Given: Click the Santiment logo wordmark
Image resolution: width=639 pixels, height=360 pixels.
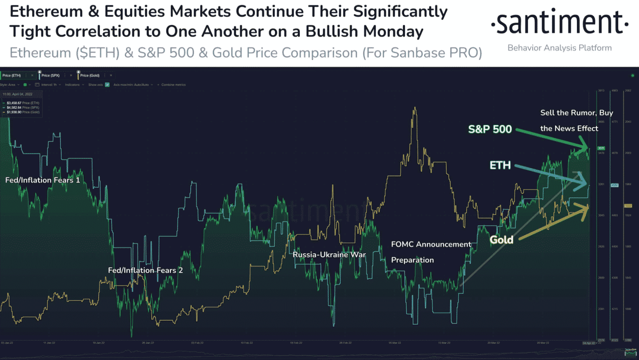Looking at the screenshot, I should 559,23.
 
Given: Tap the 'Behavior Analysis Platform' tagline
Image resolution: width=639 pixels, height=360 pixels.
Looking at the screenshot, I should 559,48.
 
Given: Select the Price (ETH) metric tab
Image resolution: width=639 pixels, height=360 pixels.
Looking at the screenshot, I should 11,75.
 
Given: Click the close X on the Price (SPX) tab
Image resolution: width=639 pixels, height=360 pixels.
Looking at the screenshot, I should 71,75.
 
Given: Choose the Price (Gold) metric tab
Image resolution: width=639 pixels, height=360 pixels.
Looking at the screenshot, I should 90,75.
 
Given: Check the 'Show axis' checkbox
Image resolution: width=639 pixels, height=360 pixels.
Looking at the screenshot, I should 107,85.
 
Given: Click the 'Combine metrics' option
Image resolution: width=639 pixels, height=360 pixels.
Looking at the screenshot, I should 173,85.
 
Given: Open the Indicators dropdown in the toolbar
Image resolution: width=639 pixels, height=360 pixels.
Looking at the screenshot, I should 74,85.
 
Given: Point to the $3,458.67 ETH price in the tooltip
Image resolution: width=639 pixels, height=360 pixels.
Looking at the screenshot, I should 14,103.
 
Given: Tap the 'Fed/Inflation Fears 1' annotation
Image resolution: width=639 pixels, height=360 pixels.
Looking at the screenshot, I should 43,180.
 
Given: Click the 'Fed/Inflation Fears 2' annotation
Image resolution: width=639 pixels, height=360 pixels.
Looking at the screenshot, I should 145,270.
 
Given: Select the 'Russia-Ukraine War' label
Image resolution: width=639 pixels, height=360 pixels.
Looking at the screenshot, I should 329,255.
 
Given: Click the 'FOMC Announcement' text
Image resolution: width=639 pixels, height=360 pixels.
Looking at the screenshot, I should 431,244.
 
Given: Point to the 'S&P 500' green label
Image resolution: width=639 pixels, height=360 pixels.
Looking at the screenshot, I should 490,129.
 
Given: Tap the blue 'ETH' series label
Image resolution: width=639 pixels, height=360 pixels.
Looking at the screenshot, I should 500,165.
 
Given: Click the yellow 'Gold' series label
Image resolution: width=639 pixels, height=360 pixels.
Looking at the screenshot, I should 501,240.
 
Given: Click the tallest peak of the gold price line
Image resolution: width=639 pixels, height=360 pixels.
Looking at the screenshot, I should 415,108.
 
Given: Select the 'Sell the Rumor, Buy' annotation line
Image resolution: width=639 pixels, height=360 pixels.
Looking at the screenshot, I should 577,113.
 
